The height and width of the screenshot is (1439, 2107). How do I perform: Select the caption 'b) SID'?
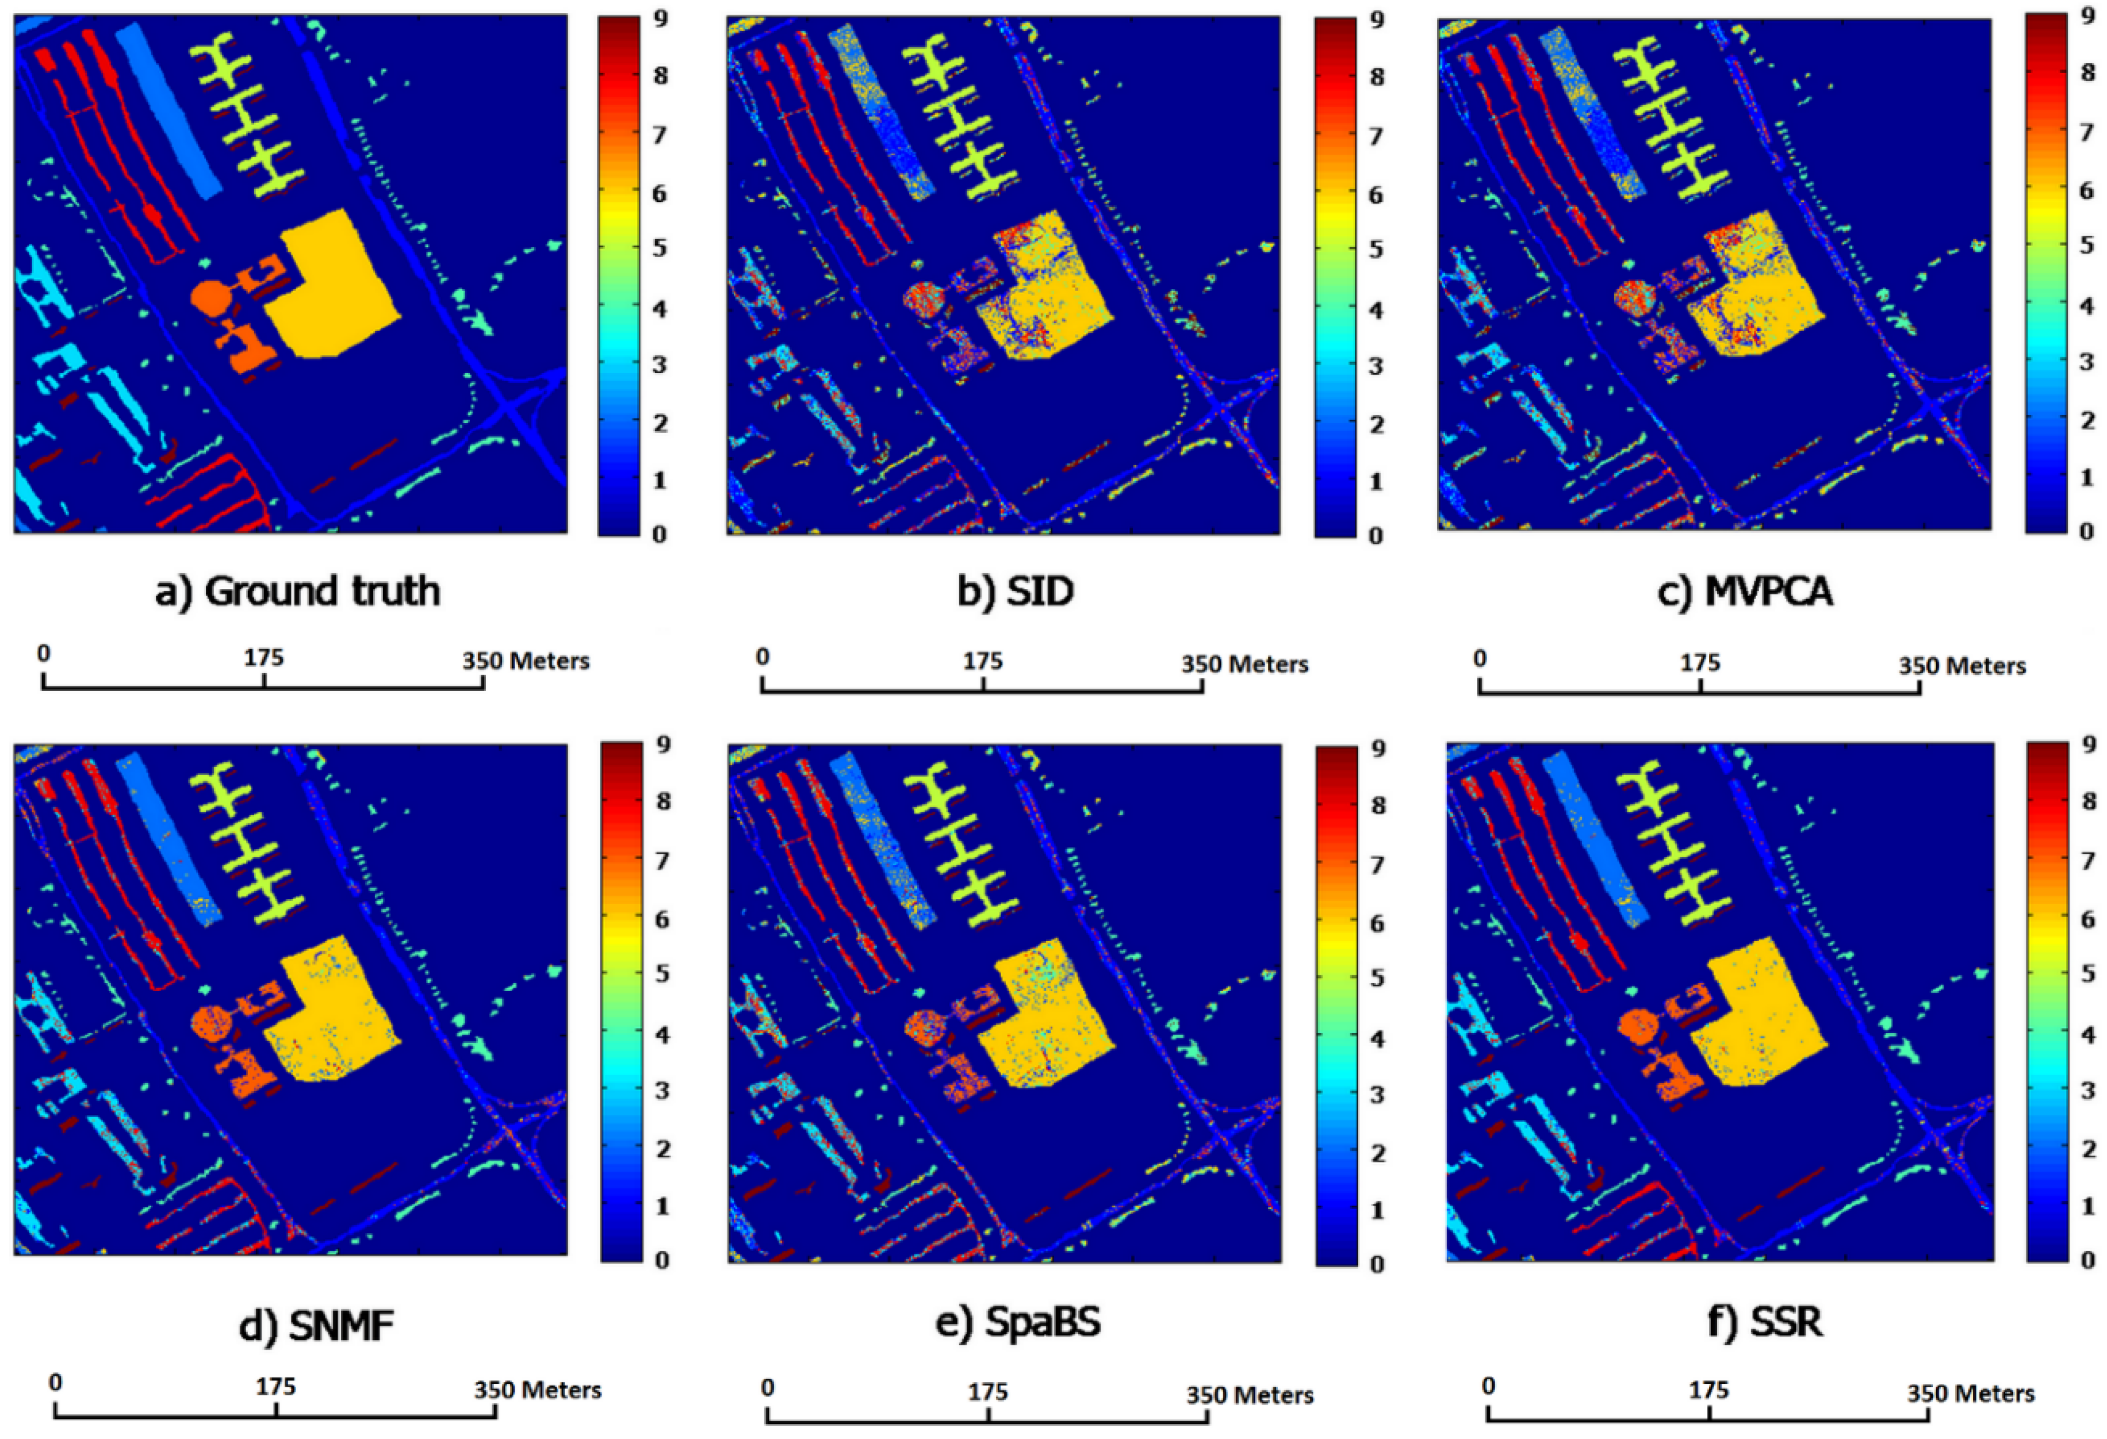1016,592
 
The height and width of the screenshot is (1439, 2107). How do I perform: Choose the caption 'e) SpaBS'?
1018,1323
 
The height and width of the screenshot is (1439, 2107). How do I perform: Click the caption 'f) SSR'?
1764,1322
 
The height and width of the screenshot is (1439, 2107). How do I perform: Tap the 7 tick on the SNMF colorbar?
662,860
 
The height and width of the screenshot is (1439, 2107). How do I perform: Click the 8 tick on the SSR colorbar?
2089,801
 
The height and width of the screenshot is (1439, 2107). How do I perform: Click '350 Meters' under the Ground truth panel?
526,661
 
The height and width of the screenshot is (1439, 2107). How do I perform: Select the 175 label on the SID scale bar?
983,662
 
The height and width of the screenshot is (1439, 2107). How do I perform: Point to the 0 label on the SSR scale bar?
1488,1387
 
